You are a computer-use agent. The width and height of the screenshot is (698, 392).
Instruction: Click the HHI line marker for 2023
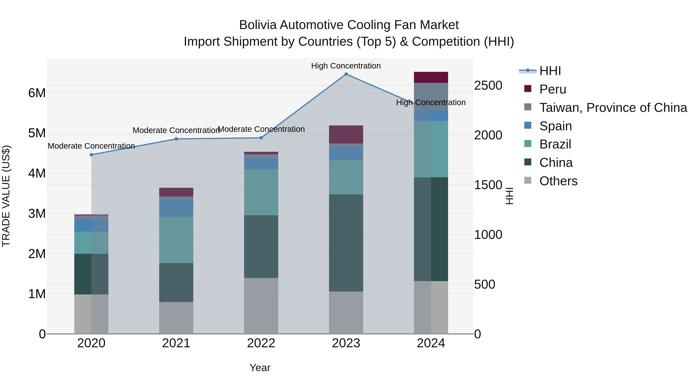pos(346,74)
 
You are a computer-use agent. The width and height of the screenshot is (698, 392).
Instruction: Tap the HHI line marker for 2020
pos(91,155)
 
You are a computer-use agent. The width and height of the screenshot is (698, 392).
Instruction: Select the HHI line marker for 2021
pos(176,139)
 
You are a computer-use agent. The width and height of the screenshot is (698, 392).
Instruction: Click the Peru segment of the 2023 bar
pos(346,135)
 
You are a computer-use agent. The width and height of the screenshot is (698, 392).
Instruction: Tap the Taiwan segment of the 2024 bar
pos(431,97)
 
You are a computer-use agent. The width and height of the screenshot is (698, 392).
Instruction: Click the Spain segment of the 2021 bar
pos(176,208)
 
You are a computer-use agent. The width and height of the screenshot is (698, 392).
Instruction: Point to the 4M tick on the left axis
pos(37,173)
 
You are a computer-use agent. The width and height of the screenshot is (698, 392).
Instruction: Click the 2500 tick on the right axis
pos(488,86)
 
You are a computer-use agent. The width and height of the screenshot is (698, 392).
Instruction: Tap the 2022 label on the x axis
pos(261,343)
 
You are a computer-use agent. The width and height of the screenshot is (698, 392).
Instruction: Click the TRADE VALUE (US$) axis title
pos(6,196)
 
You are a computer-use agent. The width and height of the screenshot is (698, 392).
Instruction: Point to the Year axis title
pos(260,368)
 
